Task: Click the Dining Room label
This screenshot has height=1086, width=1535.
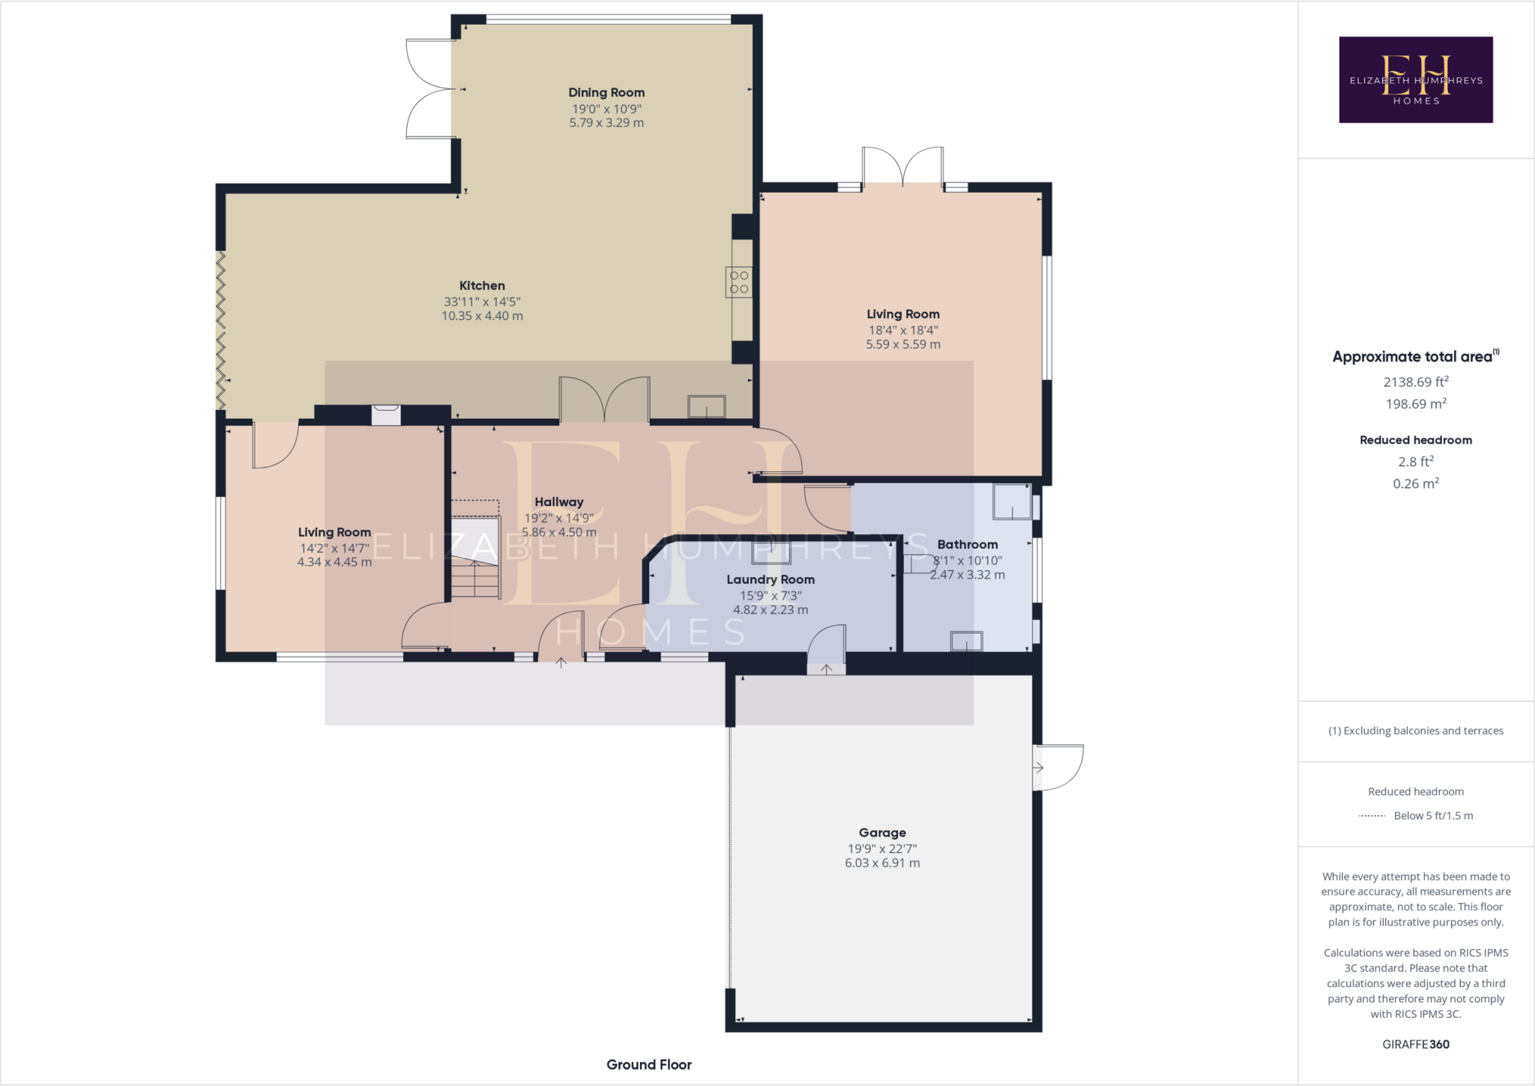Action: (606, 93)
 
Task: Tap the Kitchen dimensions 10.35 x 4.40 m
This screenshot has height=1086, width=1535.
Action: (482, 316)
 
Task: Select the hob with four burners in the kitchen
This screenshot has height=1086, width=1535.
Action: (739, 283)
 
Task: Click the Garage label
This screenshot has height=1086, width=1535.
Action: (882, 833)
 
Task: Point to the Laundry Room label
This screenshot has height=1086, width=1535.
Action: (770, 579)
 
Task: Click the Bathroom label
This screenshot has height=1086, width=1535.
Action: (967, 545)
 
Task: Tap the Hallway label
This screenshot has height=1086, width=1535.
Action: (558, 502)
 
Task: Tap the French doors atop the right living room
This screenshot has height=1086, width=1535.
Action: (902, 166)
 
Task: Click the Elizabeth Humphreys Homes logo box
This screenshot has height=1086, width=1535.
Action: (1415, 79)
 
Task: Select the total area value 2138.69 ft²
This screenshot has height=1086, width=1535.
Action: (1415, 382)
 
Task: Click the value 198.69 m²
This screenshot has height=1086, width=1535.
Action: (1415, 404)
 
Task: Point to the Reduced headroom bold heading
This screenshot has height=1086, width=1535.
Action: (1415, 440)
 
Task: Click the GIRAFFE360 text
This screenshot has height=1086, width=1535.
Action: (1415, 1044)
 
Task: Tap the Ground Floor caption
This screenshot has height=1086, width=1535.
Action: (648, 1064)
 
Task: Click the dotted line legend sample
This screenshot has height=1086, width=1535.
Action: (1372, 816)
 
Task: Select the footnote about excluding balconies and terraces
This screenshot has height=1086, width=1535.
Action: (1415, 731)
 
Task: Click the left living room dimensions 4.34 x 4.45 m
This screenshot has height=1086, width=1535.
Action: (334, 562)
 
